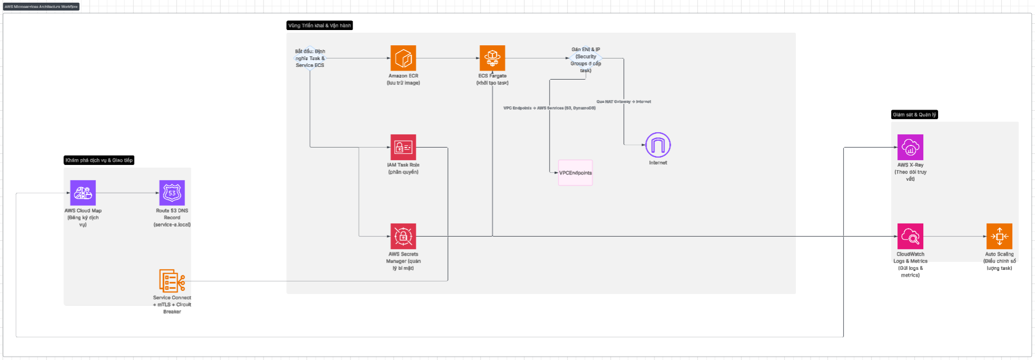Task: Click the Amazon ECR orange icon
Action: pos(403,58)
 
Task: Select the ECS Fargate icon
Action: pos(492,58)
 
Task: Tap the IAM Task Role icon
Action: pos(403,147)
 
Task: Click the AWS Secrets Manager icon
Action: pos(403,236)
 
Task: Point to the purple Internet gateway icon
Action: pos(658,145)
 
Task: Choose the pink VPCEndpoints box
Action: pos(575,173)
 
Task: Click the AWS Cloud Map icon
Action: pos(83,193)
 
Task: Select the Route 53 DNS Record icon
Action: pos(172,193)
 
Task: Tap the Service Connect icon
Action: pos(172,281)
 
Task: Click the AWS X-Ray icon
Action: pos(910,147)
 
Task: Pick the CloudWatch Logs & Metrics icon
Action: pos(910,236)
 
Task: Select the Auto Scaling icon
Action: pos(999,236)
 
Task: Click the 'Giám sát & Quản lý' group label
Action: pos(914,114)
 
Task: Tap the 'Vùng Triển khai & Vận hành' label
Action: pos(319,25)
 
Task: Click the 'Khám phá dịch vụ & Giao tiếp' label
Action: pos(99,160)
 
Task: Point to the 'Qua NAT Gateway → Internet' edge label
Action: pos(623,102)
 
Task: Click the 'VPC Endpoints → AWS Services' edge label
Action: pos(549,108)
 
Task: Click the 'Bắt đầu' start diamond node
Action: pos(310,59)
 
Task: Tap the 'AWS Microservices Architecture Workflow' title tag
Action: pos(41,7)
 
